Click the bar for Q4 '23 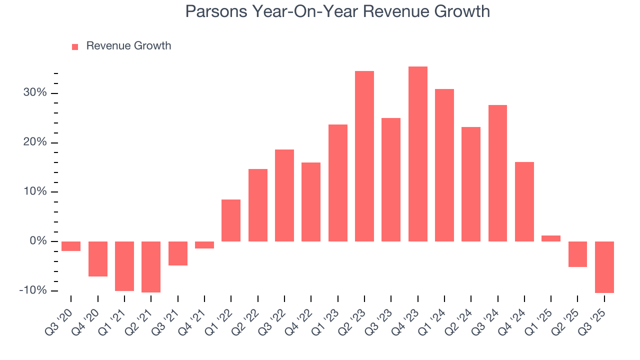417,154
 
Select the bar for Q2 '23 364,156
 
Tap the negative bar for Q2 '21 151,266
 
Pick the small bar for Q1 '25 551,238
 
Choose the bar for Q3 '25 604,267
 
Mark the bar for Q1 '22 231,220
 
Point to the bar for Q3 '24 497,173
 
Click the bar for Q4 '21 204,245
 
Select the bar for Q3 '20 71,246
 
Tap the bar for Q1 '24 444,165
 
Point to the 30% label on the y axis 34,93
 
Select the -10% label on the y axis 32,291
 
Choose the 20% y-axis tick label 34,142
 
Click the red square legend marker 75,46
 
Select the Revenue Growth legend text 128,46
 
